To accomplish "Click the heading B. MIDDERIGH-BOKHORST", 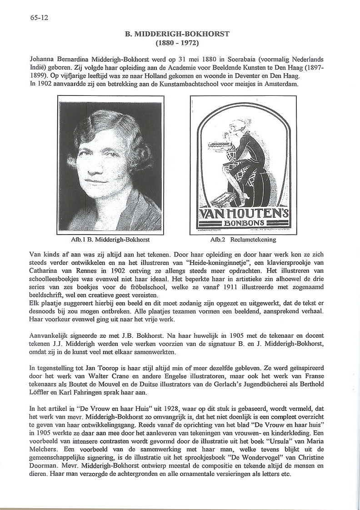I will tap(177, 34).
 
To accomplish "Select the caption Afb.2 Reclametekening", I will tap(243, 239).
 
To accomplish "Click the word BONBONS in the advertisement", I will tap(244, 224).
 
